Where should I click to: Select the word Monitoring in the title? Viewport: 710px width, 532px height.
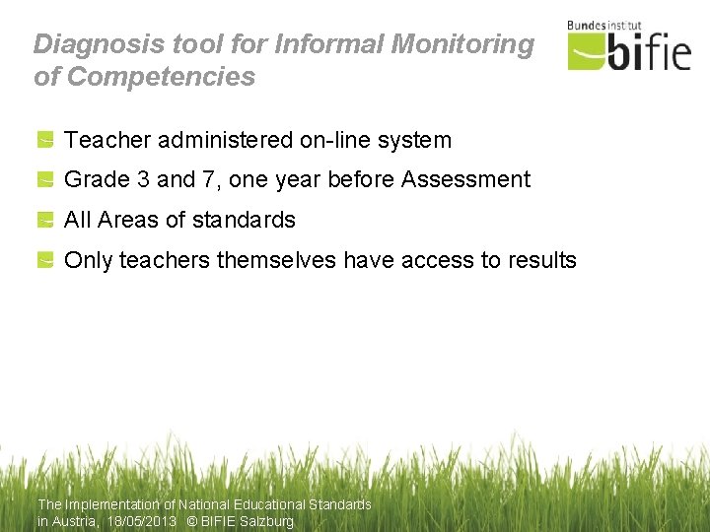tap(463, 44)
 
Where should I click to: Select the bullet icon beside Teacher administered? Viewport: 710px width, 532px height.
tap(45, 141)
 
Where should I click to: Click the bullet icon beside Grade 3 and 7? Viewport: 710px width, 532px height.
tap(45, 180)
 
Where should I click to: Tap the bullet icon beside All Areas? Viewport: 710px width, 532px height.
tap(45, 221)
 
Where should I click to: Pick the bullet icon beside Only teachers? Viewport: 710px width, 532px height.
tap(45, 261)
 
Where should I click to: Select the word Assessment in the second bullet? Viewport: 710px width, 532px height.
tap(465, 180)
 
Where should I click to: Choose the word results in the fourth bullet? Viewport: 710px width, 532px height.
tap(541, 261)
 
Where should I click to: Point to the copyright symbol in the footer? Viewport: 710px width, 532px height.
tap(191, 521)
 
